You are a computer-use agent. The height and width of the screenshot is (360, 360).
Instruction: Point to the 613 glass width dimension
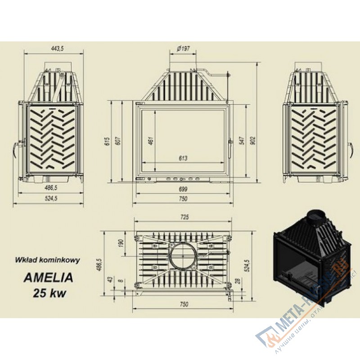coord(183,158)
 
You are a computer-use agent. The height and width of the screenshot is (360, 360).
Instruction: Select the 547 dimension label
coord(243,141)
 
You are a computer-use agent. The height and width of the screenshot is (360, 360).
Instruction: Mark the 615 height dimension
coord(107,141)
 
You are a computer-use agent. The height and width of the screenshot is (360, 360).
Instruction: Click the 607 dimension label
coord(118,141)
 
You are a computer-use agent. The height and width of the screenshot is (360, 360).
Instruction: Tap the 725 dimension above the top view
coord(184,217)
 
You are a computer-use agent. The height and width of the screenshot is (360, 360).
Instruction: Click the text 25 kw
coord(49,293)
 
